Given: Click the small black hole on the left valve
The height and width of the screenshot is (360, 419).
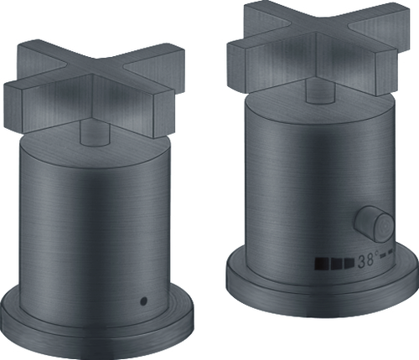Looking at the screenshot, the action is pos(144,301).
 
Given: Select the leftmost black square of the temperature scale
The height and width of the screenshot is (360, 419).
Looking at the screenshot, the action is pos(322,264).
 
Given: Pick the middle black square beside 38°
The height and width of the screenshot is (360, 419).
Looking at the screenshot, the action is pos(337,264).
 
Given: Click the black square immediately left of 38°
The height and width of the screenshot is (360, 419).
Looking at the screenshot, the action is pos(349,263).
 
